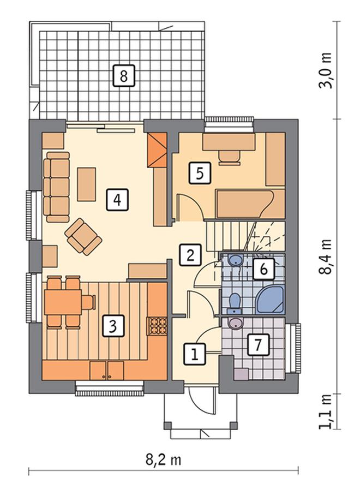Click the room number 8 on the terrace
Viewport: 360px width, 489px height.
[x=123, y=75]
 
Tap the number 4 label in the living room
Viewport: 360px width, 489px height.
[x=117, y=200]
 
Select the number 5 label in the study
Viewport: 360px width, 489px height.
[x=200, y=173]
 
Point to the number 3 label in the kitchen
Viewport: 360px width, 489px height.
[x=113, y=326]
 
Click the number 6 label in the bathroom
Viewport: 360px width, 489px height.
[x=263, y=269]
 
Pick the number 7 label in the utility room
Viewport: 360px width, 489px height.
[x=259, y=344]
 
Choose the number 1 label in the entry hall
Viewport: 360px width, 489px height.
[x=195, y=354]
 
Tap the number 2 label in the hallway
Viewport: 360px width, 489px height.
[x=190, y=254]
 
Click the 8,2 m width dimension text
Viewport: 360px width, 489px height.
[x=163, y=460]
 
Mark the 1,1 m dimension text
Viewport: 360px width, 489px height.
[x=326, y=412]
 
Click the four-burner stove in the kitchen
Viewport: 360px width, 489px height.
[x=158, y=326]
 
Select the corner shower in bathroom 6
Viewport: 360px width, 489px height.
[x=271, y=300]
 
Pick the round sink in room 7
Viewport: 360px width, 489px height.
[x=236, y=324]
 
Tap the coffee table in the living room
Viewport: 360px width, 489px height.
[x=87, y=184]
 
